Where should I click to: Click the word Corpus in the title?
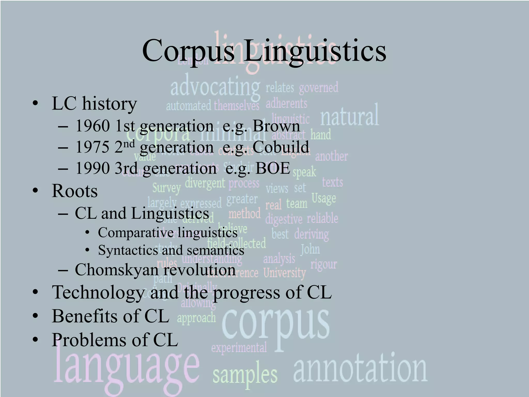(x=188, y=51)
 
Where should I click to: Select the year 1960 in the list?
(x=93, y=126)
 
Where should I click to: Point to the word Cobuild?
(x=281, y=147)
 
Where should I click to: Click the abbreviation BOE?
(x=273, y=168)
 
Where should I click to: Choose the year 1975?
(x=93, y=147)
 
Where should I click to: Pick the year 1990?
(x=93, y=168)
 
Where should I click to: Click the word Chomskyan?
(x=117, y=270)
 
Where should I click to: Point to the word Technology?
(x=98, y=293)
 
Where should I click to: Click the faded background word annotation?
(x=360, y=368)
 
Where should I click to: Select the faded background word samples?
(x=245, y=375)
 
